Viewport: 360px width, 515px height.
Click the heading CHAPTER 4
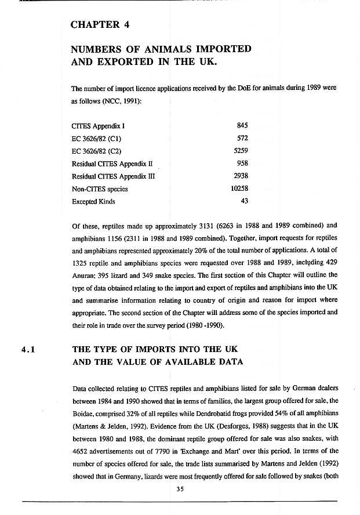coord(100,24)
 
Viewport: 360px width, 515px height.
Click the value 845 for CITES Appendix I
coord(242,125)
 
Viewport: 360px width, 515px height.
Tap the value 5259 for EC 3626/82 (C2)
coord(241,151)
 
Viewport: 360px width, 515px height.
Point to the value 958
coord(242,164)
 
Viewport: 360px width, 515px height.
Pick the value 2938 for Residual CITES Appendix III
coord(241,177)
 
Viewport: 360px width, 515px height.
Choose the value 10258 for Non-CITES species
coord(239,189)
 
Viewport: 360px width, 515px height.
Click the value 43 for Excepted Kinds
coord(244,202)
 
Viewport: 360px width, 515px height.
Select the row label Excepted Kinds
coord(93,202)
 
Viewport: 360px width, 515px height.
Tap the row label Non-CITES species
coord(99,189)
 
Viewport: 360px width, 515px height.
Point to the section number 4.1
coord(29,350)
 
